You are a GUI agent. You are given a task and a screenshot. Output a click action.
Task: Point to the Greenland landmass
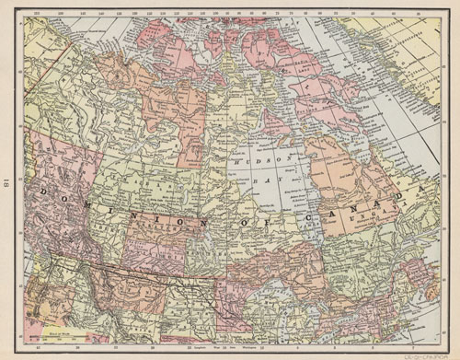click(x=405, y=55)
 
